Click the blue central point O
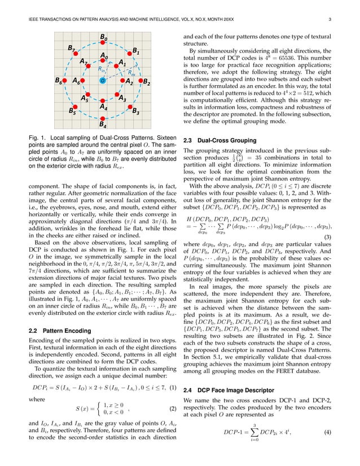coord(102,81)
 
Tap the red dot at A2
coord(123,81)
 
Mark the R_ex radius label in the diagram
coord(130,72)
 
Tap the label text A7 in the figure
coord(84,60)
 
